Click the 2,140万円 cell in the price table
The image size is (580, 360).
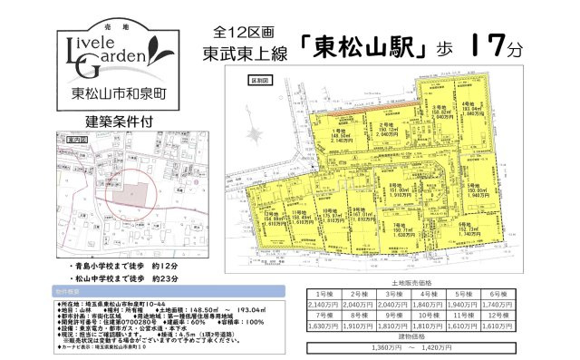(x=324, y=306)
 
